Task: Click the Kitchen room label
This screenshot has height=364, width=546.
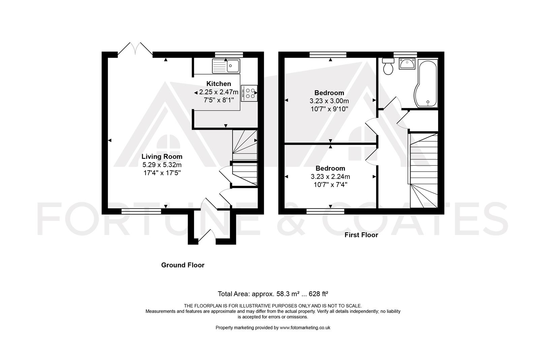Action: (219, 84)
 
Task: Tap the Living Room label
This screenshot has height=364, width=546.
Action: (162, 156)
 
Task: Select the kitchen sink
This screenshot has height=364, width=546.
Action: (226, 66)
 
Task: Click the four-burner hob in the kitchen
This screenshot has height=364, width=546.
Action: (249, 93)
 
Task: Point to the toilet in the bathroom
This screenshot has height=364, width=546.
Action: (388, 66)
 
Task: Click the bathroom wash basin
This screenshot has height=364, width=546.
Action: (407, 63)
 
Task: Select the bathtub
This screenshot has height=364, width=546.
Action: (426, 83)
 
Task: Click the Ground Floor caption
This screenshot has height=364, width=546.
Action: (183, 265)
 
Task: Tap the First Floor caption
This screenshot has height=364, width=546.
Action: (361, 235)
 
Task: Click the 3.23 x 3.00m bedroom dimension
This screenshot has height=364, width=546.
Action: (329, 101)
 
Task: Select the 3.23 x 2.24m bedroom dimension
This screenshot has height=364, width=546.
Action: (330, 177)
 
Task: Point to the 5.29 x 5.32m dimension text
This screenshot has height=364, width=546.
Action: (162, 165)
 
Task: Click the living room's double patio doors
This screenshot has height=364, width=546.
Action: (135, 49)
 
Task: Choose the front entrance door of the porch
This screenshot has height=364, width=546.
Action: (207, 237)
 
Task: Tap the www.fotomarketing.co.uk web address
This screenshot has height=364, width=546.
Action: (305, 328)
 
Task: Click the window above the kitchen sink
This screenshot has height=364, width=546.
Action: (229, 55)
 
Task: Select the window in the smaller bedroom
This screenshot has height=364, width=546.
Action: (325, 211)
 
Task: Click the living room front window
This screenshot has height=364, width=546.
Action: (141, 211)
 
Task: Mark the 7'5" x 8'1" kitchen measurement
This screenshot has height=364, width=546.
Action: (219, 100)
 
